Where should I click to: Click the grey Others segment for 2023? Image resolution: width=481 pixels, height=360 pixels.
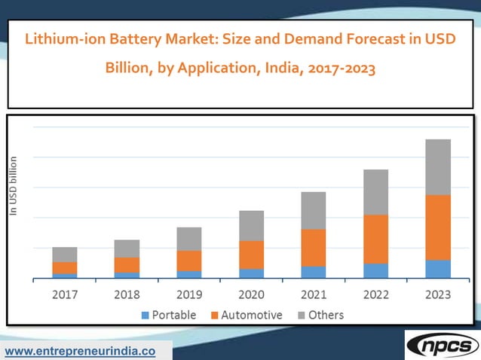coord(438,167)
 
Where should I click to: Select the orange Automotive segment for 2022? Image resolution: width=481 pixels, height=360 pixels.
coord(376,239)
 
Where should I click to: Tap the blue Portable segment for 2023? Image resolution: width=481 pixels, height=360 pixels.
coord(438,269)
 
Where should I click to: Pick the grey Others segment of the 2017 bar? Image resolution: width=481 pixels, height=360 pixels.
coord(65,255)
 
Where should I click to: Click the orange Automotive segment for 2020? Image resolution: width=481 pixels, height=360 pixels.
coord(251,255)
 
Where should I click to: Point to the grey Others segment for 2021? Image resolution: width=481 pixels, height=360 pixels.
coord(314,210)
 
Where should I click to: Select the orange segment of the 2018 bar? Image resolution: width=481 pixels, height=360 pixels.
coord(127,265)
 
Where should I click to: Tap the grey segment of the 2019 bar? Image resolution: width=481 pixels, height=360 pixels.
coord(189,239)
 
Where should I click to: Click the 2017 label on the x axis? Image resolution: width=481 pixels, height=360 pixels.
coord(65,294)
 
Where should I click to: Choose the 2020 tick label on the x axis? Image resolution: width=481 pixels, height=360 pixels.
coord(251,294)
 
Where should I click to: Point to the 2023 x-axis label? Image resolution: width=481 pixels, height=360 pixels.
coord(438,294)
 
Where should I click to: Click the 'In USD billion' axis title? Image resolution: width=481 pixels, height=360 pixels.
coord(13,186)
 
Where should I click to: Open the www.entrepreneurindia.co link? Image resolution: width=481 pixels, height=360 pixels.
coord(81,352)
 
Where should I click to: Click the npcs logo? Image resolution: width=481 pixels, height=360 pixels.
coord(442,345)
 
